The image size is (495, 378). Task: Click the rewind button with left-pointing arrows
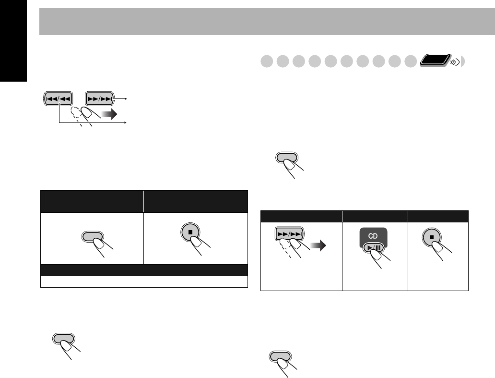(x=58, y=98)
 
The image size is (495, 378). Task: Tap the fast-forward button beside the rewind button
(x=99, y=98)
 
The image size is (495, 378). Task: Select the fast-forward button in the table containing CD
(x=290, y=234)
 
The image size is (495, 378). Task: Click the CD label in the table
(x=373, y=236)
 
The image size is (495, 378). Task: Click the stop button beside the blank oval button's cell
(x=190, y=232)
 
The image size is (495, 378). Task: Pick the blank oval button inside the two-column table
(x=92, y=236)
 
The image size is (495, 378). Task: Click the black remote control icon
(x=435, y=60)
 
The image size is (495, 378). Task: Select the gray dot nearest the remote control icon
(x=411, y=61)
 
